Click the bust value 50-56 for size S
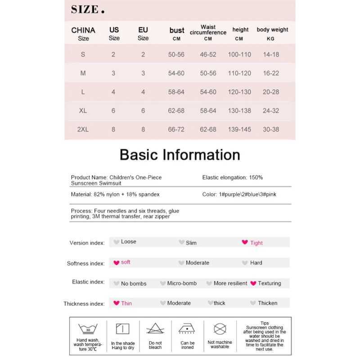tap(176, 54)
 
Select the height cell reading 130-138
tap(239, 111)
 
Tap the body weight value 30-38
tap(271, 130)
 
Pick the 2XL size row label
tap(83, 130)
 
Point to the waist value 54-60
tap(208, 92)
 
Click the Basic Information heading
tap(180, 155)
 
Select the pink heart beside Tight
tap(245, 242)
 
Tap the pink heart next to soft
tap(117, 262)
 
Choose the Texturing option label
tap(270, 283)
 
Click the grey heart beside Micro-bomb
tap(163, 283)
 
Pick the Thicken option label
tap(268, 303)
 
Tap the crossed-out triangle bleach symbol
tap(155, 328)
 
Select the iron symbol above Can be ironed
tap(187, 328)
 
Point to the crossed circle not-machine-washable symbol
tap(220, 328)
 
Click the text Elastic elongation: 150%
tap(233, 178)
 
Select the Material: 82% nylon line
tap(115, 195)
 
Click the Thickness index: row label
tap(84, 304)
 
